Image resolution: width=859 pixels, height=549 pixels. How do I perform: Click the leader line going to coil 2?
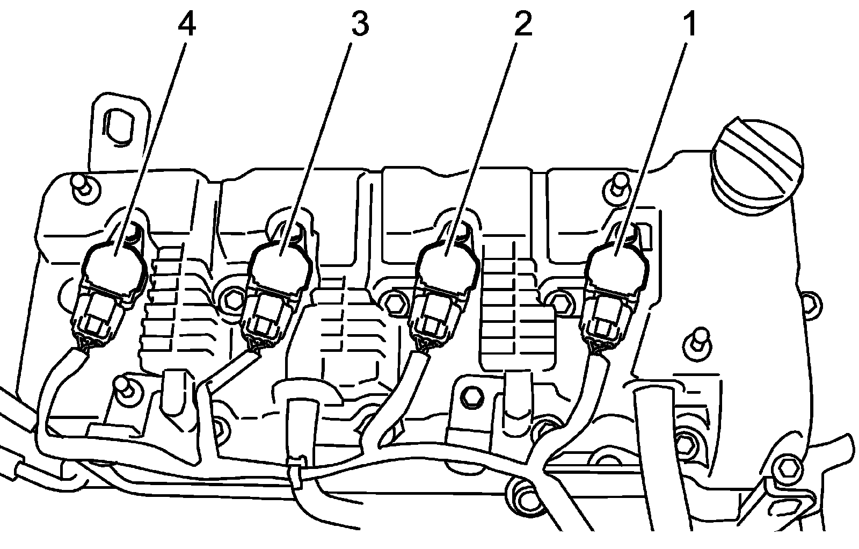483,134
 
